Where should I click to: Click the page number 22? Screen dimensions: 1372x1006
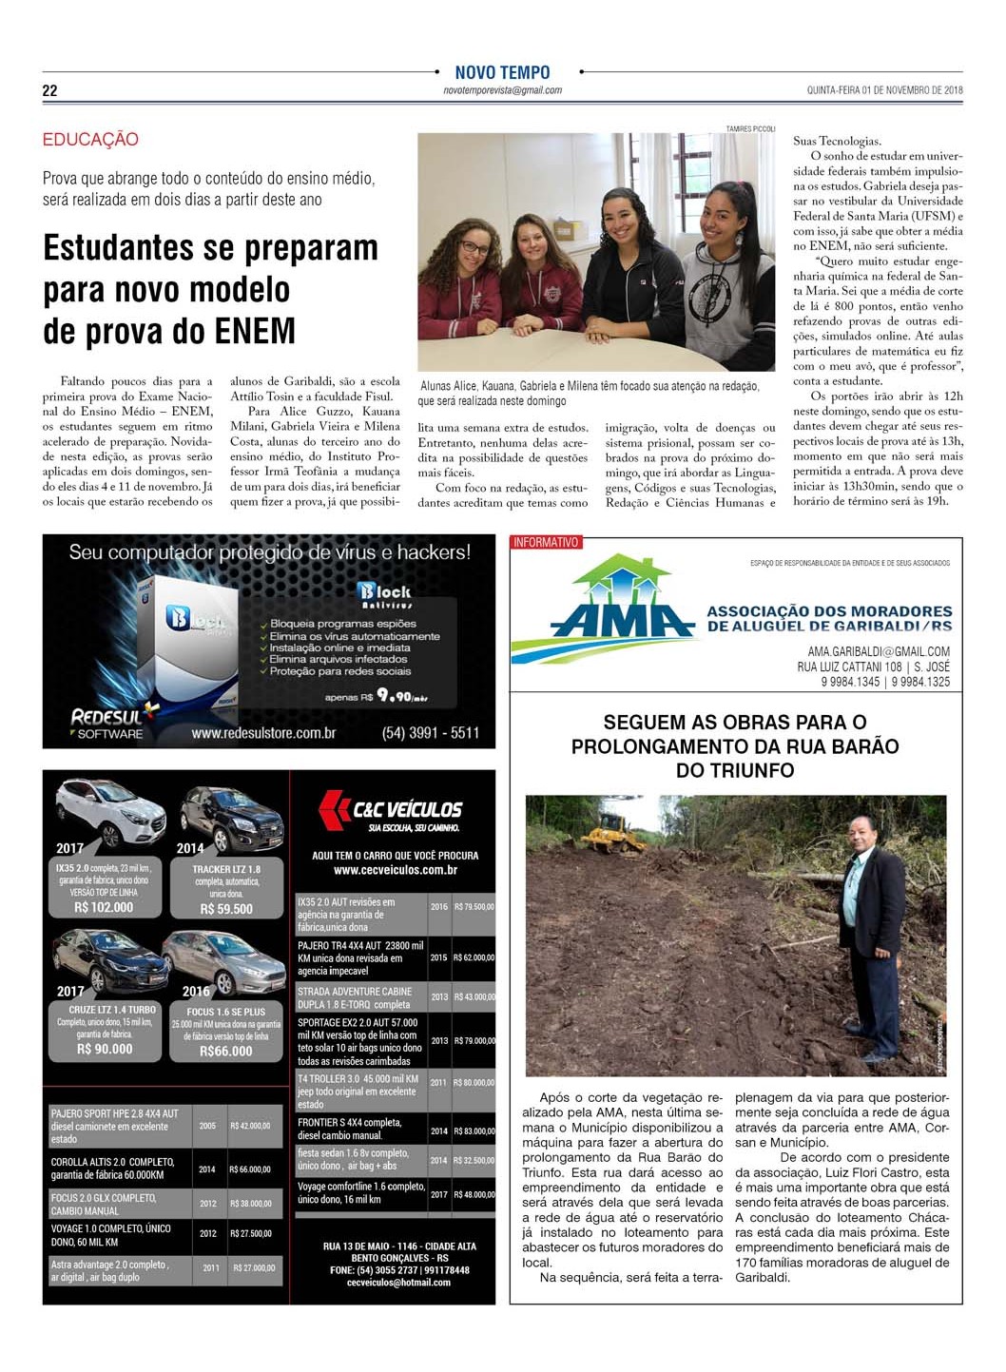point(49,90)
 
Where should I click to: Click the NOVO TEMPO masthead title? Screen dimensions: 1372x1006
point(502,72)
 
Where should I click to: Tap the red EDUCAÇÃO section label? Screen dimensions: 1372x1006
point(90,140)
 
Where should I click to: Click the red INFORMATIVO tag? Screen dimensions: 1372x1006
point(546,543)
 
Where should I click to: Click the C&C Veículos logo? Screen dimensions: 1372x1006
point(392,809)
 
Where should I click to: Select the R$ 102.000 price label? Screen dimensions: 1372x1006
point(104,907)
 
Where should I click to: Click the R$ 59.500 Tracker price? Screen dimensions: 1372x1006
point(226,909)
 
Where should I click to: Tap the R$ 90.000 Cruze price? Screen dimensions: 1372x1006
point(105,1049)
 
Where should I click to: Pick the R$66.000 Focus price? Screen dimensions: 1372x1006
point(226,1051)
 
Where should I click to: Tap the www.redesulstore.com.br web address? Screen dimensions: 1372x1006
point(263,733)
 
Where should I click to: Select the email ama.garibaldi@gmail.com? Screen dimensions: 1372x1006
point(878,651)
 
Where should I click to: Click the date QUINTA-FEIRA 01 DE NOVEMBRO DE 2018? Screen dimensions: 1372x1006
point(884,90)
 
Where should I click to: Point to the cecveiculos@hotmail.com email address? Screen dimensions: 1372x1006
point(398,1283)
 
